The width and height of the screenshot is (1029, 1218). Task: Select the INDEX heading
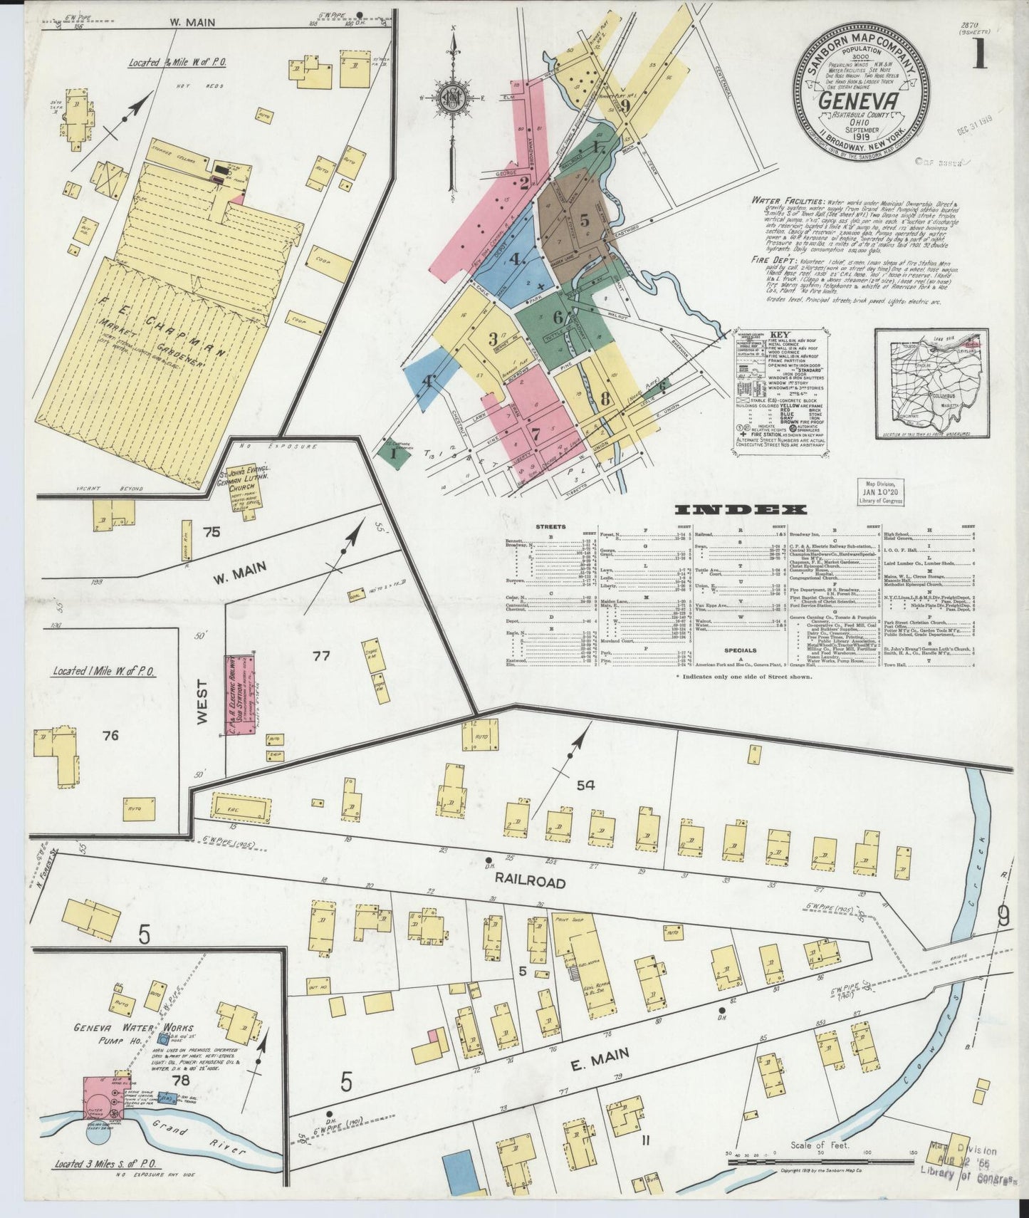[740, 509]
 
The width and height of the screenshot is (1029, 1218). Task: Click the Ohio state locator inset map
[932, 385]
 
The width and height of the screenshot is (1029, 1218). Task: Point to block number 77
[322, 656]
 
